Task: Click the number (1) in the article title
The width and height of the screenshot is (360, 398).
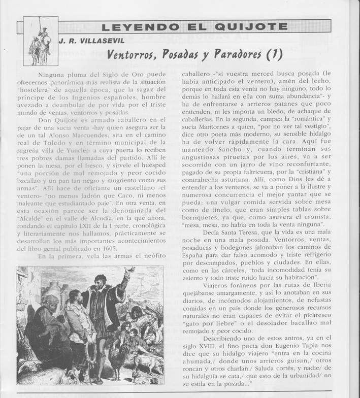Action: [x=273, y=54]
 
